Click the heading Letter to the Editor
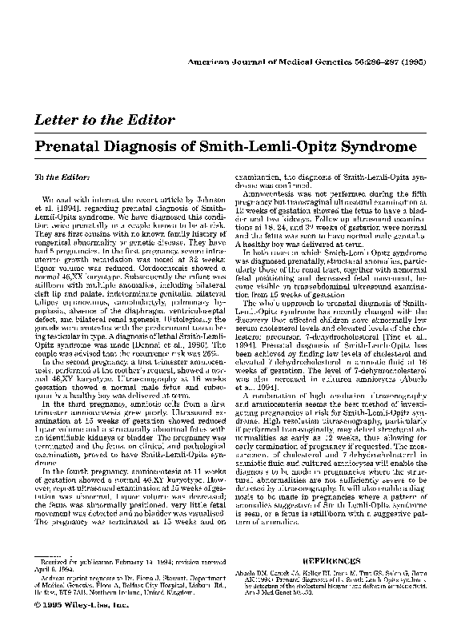click(102, 121)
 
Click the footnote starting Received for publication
click(128, 566)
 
